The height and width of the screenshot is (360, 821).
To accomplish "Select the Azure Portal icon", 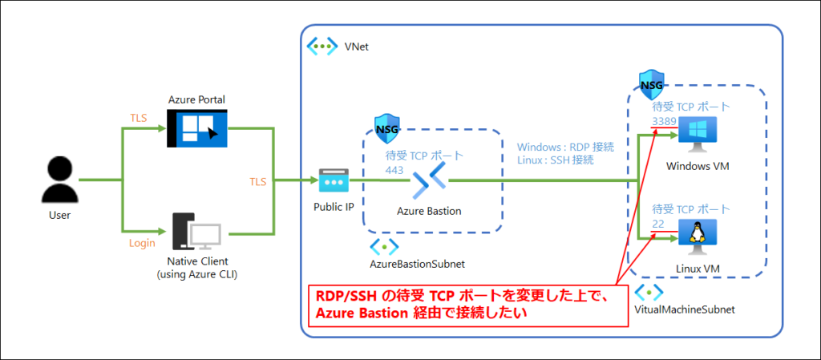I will tap(196, 128).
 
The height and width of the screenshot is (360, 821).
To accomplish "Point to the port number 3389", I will tap(665, 122).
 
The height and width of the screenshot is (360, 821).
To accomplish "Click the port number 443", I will tap(394, 170).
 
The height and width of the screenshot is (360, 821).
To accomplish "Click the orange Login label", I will tap(142, 242).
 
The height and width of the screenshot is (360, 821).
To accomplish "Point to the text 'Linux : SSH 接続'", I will tap(556, 160).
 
